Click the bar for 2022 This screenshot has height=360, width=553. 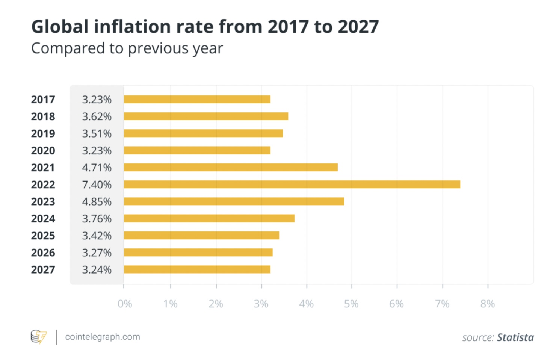coord(292,184)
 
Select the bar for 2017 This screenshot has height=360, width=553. coord(197,99)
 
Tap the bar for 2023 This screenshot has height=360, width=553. coord(234,201)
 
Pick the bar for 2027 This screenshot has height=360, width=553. coord(197,269)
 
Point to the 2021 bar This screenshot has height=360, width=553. coord(231,167)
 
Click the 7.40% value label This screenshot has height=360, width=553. coord(97,185)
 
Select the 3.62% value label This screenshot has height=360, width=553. coord(97,116)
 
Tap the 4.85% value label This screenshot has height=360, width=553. coord(97,201)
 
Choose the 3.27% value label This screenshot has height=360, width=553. coord(97,253)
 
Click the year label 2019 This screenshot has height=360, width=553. coord(43,133)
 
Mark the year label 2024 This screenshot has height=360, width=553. coord(43,219)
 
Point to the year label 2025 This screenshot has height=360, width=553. coord(43,236)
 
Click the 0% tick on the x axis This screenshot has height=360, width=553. coord(125,304)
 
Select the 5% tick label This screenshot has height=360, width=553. coord(351,304)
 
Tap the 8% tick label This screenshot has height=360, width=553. coord(488,304)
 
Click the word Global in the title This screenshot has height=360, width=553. coord(60,27)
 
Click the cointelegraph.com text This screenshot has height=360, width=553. coord(103,337)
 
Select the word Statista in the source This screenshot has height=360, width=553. coord(515,337)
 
